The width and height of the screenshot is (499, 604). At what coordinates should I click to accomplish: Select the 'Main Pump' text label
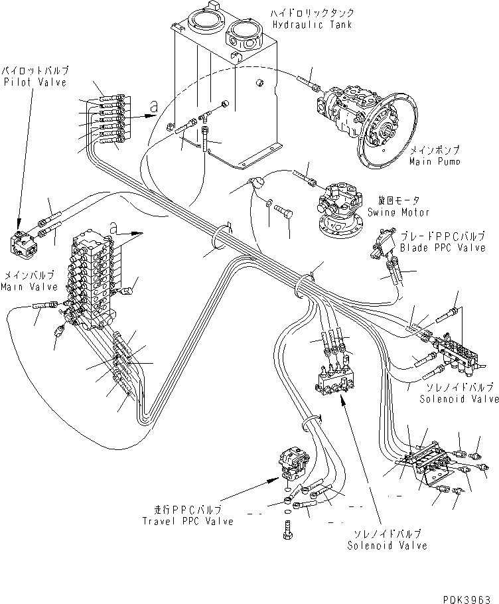(435, 161)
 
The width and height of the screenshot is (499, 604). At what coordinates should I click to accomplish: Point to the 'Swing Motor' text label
(402, 212)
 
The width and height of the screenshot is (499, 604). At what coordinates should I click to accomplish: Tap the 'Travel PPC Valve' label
(188, 521)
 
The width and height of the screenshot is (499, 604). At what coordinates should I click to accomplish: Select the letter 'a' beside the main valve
(113, 228)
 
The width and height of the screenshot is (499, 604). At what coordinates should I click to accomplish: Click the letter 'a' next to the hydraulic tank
(153, 106)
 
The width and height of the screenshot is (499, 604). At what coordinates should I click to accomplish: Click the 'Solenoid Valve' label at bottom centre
(387, 546)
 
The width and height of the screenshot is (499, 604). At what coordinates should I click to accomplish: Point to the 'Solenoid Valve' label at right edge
(459, 399)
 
